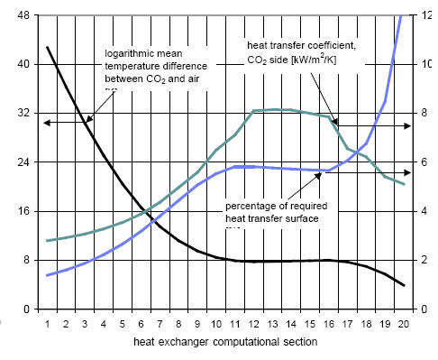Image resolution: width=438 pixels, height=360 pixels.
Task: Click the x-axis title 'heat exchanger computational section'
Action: click(225, 344)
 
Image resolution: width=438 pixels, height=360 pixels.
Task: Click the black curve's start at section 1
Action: click(48, 47)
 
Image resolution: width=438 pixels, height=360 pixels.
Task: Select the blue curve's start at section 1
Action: click(48, 275)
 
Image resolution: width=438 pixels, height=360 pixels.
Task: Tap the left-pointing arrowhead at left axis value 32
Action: click(47, 121)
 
